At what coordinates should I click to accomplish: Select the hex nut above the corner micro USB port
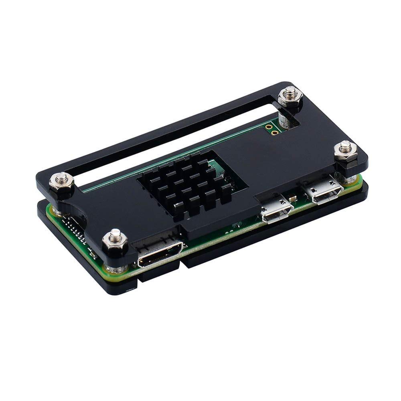(345, 151)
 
